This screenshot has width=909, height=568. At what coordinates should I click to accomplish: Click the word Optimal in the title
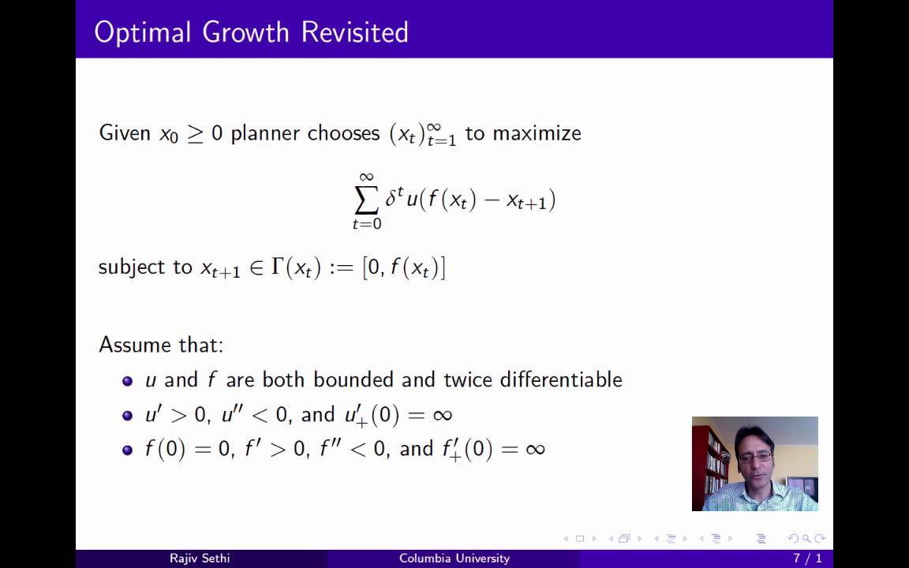[x=143, y=32]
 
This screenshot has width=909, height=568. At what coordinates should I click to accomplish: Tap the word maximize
[x=537, y=133]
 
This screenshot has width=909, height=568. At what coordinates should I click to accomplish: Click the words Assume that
[x=161, y=345]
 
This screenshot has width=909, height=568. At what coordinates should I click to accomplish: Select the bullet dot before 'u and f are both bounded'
[x=128, y=381]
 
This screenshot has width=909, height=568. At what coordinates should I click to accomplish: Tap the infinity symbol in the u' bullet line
[x=443, y=415]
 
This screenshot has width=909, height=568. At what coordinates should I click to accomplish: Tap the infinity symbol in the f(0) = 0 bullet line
[x=535, y=450]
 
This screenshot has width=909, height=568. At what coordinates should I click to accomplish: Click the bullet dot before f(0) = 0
[x=128, y=450]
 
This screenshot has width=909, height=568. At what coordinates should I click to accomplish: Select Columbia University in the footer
[x=454, y=559]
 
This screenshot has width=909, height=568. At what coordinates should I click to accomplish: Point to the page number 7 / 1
[x=807, y=559]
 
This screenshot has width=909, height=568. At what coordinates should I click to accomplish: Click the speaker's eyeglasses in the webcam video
[x=755, y=457]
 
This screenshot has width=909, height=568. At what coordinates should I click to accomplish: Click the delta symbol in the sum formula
[x=391, y=199]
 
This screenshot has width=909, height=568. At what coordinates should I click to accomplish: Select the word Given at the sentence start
[x=125, y=133]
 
